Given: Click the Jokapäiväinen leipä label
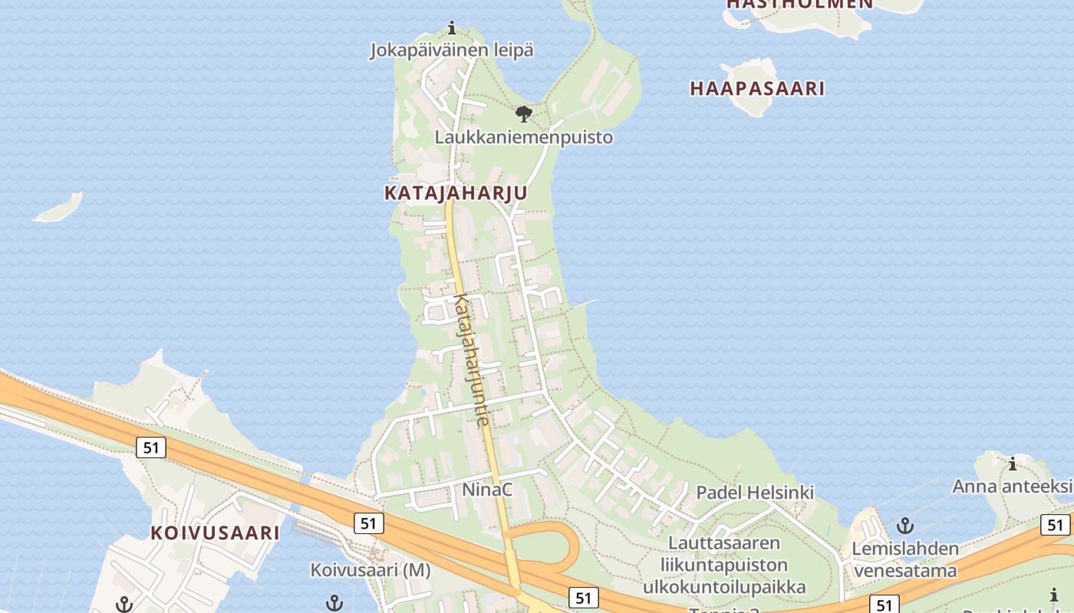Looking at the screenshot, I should (452, 51).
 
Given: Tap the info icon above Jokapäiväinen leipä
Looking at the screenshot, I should (452, 29).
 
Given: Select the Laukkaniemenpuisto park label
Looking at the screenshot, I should (524, 138).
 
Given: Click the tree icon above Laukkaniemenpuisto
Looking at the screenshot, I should (524, 115).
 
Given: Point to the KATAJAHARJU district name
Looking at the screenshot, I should (456, 193).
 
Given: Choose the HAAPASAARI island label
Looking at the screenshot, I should (757, 89).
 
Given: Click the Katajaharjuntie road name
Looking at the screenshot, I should (471, 360).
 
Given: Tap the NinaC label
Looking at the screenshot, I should (487, 489).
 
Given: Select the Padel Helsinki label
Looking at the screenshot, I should (755, 492).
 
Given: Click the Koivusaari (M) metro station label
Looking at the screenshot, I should (371, 571).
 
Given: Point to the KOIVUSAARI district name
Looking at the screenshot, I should (215, 533).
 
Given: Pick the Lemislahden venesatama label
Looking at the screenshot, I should (905, 559).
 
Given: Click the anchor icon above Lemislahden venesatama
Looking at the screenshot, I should (906, 526).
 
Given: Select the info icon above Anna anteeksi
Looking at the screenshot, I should (1013, 464).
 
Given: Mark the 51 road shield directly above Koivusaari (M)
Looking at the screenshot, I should (369, 523).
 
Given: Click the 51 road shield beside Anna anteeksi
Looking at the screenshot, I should (1056, 525).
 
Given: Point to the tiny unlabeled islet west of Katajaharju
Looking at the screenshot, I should (58, 208).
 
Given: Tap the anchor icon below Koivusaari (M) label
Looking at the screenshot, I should (334, 603).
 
